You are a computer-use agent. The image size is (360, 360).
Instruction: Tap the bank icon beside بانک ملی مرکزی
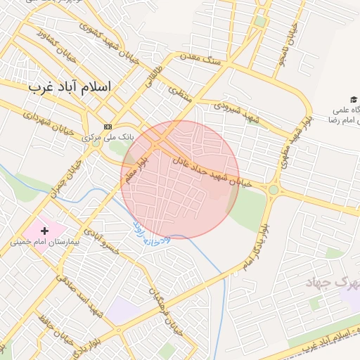pos(107,127)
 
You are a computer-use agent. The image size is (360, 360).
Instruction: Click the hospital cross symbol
pos(45,230)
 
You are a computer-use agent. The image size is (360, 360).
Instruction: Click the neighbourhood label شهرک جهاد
pos(333,283)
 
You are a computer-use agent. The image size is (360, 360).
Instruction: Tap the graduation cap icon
pos(353,101)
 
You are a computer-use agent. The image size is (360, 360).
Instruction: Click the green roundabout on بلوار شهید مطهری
pos(273,190)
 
